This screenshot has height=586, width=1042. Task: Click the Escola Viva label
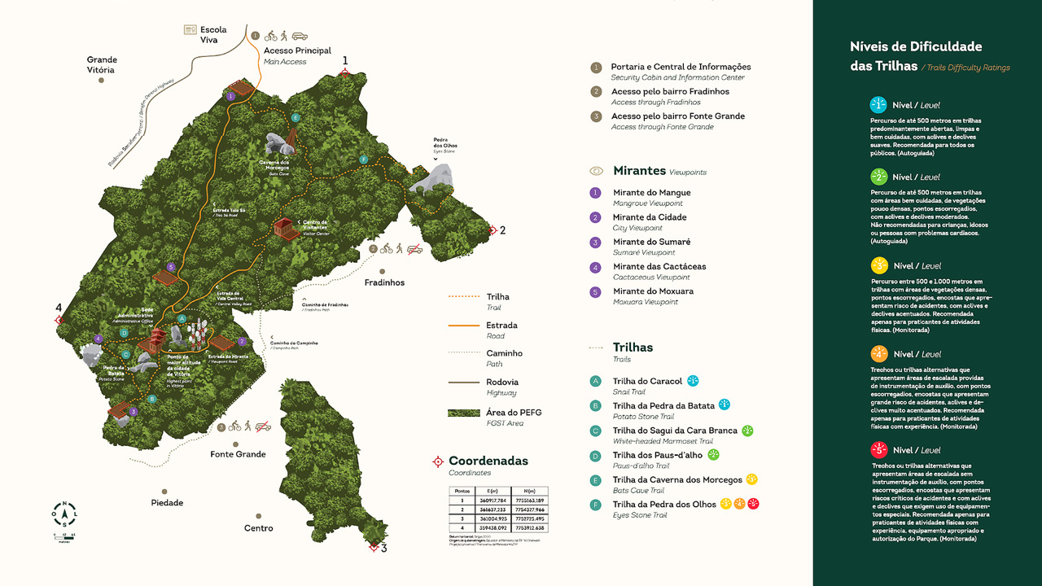213,34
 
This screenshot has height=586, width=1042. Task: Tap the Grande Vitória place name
102,65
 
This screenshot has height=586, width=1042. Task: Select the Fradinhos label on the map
383,282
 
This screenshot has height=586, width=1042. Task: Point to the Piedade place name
167,503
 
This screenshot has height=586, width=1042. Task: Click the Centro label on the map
259,528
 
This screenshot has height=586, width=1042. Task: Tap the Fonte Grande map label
239,454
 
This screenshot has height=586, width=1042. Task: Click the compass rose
64,513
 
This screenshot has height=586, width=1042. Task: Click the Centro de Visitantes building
284,229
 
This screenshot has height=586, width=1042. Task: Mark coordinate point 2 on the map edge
492,230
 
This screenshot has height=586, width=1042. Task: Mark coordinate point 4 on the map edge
59,320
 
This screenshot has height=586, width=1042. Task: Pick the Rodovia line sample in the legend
464,382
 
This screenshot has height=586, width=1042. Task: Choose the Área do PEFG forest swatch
464,413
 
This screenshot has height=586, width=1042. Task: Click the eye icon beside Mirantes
597,171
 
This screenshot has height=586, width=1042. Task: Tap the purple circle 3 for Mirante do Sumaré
596,243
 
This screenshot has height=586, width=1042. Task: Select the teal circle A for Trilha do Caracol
596,381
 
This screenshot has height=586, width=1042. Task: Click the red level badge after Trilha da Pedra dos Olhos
754,504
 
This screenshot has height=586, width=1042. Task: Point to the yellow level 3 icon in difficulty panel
878,265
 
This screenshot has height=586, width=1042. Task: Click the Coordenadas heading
488,461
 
